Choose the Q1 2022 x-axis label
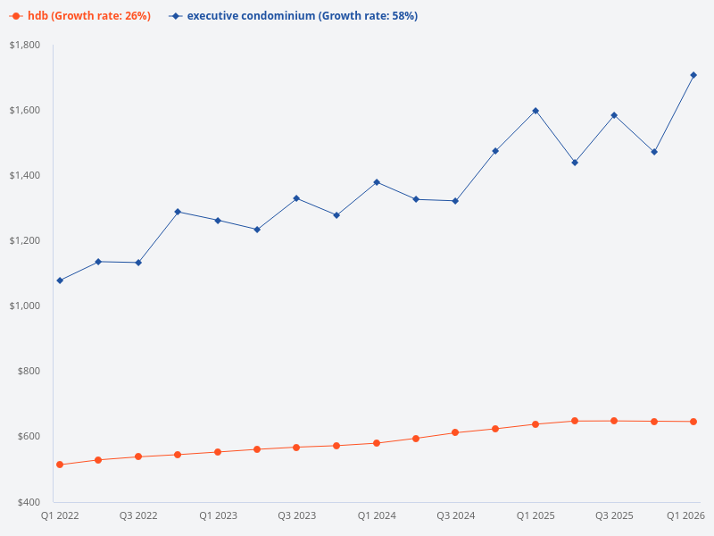tap(60, 515)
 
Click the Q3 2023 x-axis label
tap(296, 515)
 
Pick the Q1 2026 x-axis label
tap(686, 515)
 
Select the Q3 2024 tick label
tap(455, 515)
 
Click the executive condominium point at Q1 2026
tap(693, 75)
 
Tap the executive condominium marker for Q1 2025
tap(535, 111)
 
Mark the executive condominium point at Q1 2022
tap(60, 281)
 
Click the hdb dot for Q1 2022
tap(60, 465)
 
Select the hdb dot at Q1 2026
tap(693, 422)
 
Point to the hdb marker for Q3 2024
tap(455, 432)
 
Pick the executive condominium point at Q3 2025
tap(614, 115)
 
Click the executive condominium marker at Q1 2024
tap(377, 182)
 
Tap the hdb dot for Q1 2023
tap(218, 452)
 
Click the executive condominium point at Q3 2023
tap(296, 198)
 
